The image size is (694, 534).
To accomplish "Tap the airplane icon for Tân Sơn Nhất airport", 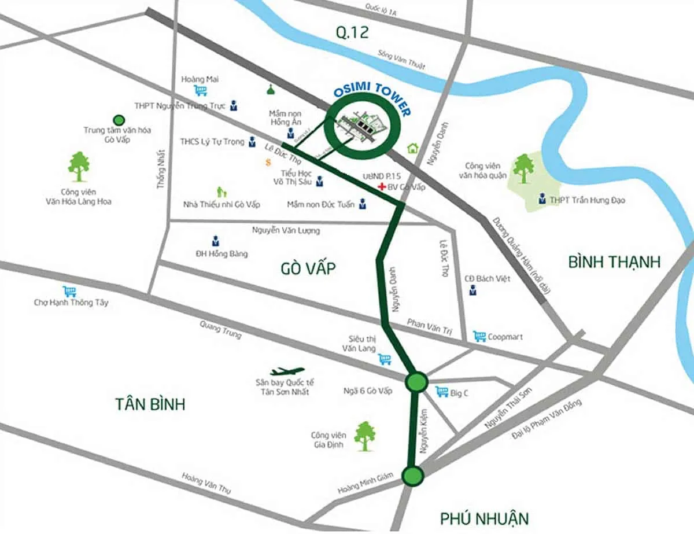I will [x=287, y=371].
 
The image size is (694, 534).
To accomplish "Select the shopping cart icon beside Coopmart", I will [x=479, y=336].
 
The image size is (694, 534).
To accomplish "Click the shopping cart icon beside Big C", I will [x=442, y=392].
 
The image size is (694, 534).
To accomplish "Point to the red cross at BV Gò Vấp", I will [x=381, y=187].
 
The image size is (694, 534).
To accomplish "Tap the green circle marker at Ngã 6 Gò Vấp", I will [x=416, y=382].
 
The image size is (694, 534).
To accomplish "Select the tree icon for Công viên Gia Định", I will [x=364, y=436].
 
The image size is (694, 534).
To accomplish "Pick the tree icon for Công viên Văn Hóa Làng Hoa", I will [x=79, y=166].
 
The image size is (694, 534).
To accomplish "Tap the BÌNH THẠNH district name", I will [x=614, y=262].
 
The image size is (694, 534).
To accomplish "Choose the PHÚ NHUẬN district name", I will [x=484, y=517].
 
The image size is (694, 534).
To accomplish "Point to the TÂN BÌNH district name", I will [x=150, y=403].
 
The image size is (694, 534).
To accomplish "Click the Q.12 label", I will [x=352, y=32].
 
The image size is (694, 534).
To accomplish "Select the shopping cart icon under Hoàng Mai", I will [x=201, y=90].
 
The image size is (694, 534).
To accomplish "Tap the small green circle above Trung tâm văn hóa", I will [x=119, y=120].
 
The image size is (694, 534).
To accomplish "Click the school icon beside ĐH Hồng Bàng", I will [x=215, y=241].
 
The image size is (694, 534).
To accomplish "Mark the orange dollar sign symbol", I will [x=268, y=163].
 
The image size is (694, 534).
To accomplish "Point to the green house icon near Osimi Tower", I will [x=413, y=148].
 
